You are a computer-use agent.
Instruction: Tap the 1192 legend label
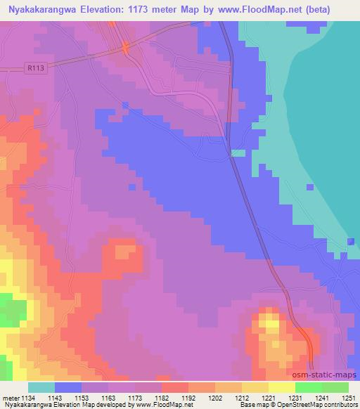click(x=187, y=397)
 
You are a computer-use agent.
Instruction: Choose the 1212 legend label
click(x=241, y=397)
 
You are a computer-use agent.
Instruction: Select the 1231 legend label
click(x=295, y=397)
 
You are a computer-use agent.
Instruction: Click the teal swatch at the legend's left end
click(x=41, y=387)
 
